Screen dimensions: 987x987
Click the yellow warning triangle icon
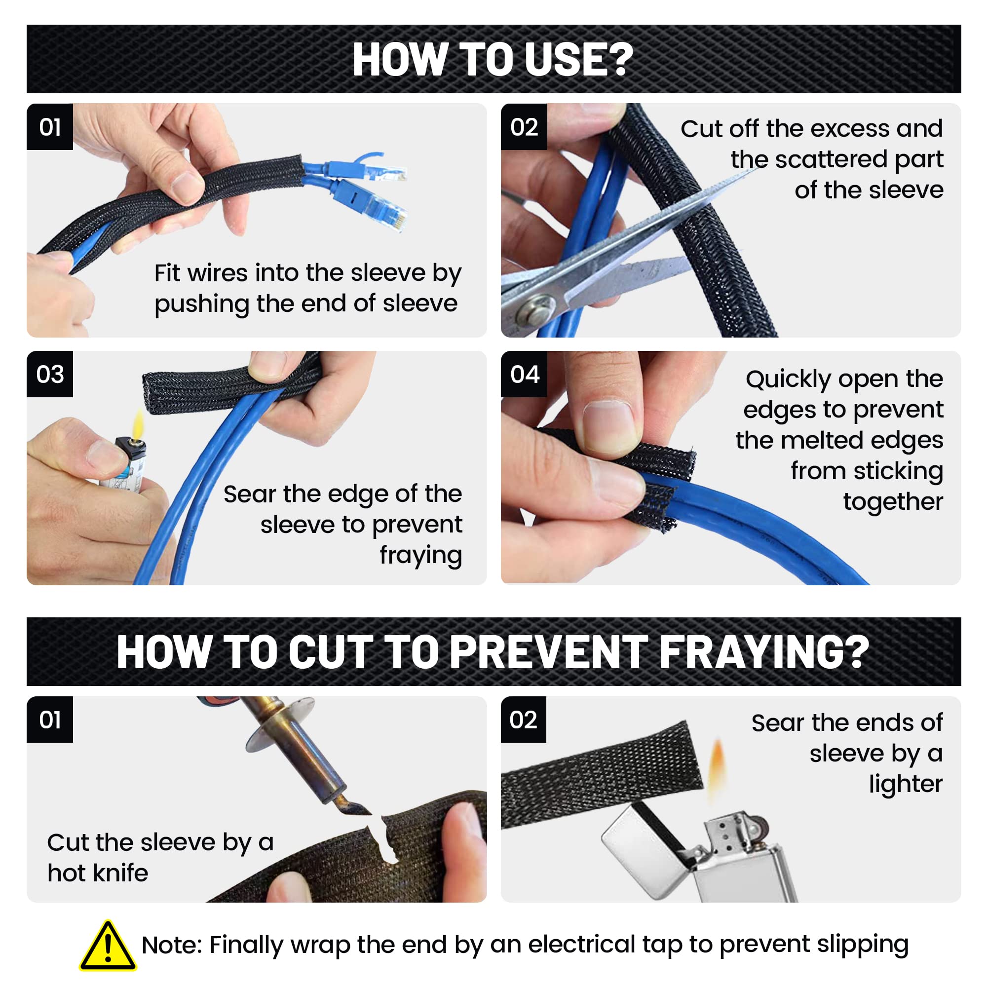(x=108, y=946)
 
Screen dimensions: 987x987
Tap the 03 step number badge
(x=49, y=374)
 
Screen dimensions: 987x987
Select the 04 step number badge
(x=524, y=374)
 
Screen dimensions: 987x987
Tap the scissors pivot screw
(x=534, y=309)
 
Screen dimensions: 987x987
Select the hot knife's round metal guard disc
(x=280, y=724)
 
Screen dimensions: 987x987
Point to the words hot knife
(x=98, y=873)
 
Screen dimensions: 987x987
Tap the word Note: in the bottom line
(x=172, y=945)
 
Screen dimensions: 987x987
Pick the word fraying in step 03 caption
(x=420, y=555)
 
